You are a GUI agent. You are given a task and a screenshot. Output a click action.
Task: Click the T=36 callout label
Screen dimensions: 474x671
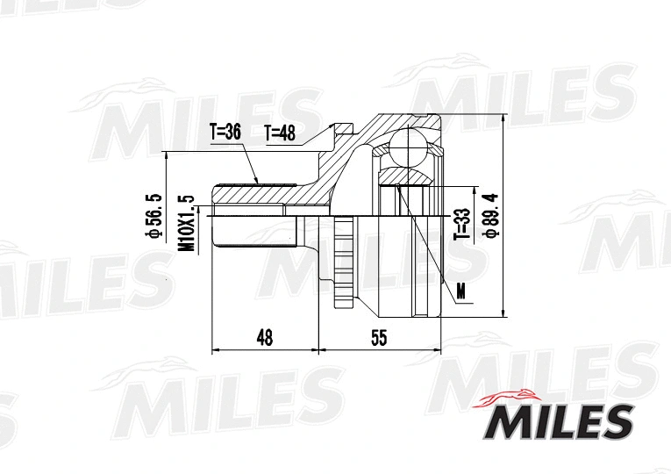coord(225,133)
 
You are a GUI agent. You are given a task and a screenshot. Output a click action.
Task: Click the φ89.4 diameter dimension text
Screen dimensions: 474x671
coord(492,216)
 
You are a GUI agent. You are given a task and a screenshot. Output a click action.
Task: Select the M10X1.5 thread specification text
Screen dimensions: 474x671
coord(185,223)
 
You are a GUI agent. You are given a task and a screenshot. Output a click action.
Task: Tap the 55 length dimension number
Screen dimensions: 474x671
coord(379,336)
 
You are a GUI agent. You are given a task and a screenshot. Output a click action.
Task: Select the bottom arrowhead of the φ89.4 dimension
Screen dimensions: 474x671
coord(503,313)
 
